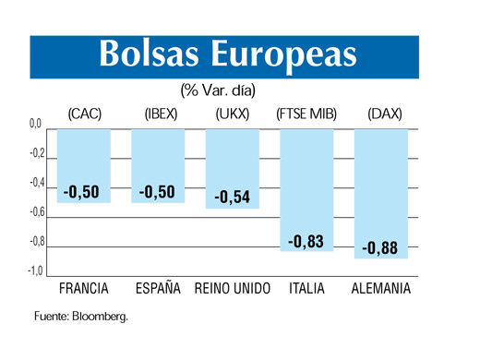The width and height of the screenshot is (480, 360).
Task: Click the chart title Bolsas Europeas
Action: pos(227,54)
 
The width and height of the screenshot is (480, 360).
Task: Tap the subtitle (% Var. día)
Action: pos(219,91)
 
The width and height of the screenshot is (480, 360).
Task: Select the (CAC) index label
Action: pos(84,114)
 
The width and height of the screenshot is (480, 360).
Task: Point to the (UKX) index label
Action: pos(233,114)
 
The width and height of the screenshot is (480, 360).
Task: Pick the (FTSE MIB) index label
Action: pos(306,114)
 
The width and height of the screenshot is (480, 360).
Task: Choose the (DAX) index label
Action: pos(382,114)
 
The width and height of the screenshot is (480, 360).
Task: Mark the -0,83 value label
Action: pos(306,242)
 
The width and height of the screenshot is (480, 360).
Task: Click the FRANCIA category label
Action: pos(84,289)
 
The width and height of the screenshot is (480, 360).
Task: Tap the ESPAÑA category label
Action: pos(158,289)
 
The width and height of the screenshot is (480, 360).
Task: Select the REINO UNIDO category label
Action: pos(233,289)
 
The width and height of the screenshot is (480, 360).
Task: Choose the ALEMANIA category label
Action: pos(381,289)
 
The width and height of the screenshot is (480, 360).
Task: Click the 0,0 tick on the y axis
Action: pos(35,124)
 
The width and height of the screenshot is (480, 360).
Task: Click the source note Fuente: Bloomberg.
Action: pos(81,316)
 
